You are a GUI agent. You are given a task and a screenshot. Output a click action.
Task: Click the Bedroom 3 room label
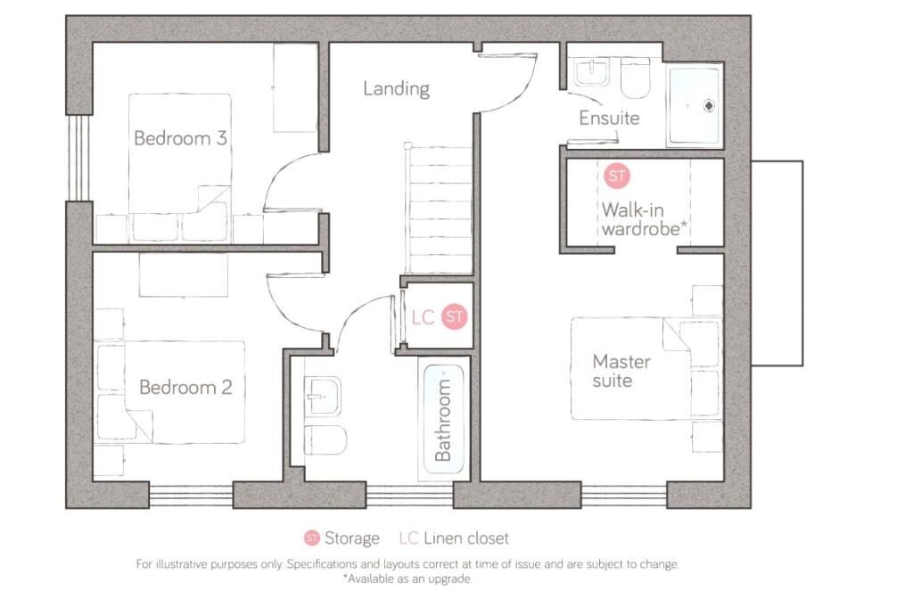pyautogui.click(x=179, y=138)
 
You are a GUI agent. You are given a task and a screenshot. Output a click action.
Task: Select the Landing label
pyautogui.click(x=396, y=88)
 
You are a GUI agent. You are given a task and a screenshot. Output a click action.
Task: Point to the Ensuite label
pyautogui.click(x=609, y=118)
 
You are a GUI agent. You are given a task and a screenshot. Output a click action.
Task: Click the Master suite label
pyautogui.click(x=621, y=371)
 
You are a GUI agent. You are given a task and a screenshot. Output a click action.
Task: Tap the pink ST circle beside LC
pyautogui.click(x=455, y=316)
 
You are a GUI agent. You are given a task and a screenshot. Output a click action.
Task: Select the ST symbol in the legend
pyautogui.click(x=312, y=538)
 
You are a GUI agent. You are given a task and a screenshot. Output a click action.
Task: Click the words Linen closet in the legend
pyautogui.click(x=466, y=538)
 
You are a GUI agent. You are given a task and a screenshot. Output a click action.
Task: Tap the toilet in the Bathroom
pyautogui.click(x=325, y=440)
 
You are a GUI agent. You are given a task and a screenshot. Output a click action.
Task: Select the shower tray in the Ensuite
pyautogui.click(x=695, y=104)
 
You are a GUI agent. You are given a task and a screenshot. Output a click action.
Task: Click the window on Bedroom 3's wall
pyautogui.click(x=78, y=158)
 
